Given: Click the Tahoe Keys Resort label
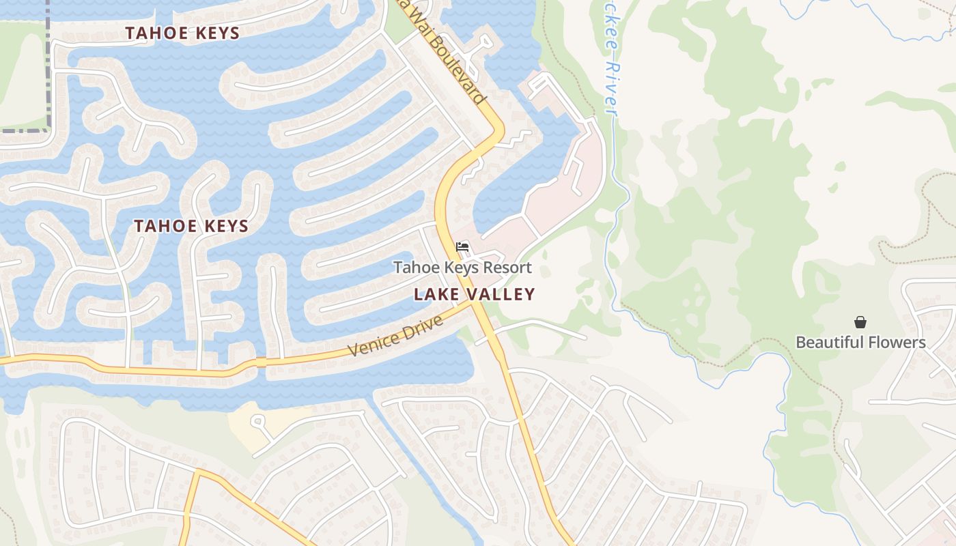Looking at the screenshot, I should click(x=462, y=268).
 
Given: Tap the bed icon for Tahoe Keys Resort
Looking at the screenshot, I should click(x=462, y=246).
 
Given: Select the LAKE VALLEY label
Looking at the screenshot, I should click(x=475, y=294).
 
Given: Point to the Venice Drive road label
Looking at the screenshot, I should click(x=396, y=335).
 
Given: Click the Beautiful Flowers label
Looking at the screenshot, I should click(x=860, y=342).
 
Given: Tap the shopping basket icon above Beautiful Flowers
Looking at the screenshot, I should click(x=860, y=321).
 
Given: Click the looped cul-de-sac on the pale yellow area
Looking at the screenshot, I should click(x=257, y=421).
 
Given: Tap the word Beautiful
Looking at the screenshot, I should click(x=827, y=342).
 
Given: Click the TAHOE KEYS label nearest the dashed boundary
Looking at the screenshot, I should click(x=182, y=33).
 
